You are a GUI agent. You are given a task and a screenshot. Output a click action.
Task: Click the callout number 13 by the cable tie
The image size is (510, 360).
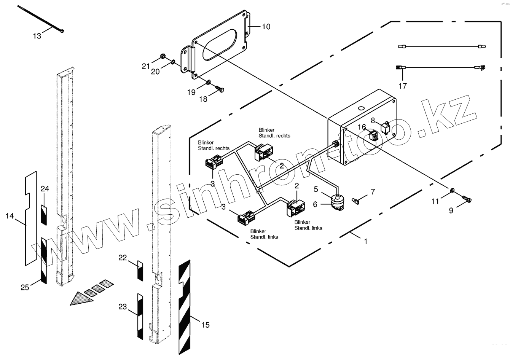[37, 36]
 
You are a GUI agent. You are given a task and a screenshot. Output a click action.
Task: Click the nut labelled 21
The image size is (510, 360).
[163, 57]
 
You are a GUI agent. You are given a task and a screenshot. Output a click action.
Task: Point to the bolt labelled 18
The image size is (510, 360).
[220, 89]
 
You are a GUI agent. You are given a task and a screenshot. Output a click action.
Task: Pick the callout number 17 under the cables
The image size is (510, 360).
[403, 86]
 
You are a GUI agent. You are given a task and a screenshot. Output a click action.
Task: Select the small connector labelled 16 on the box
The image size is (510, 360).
[373, 135]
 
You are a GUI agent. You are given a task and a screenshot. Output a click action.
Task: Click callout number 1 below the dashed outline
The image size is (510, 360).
[365, 241]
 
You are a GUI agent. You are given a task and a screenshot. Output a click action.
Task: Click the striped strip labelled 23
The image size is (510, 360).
[140, 315]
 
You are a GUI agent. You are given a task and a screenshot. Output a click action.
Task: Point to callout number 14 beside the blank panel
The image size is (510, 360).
[10, 216]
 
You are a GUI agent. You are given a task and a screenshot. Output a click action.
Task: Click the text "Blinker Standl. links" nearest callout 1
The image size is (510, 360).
[308, 225]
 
